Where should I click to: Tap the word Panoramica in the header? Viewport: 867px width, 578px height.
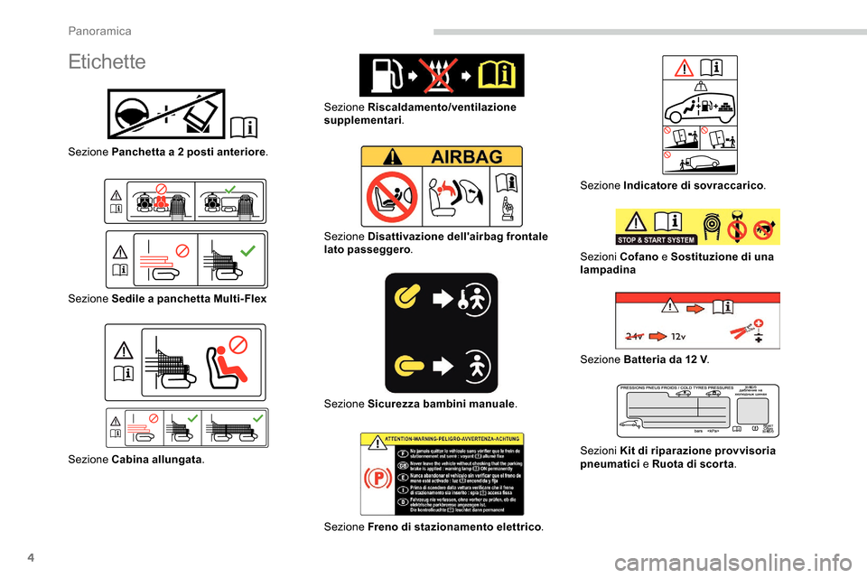pyautogui.click(x=100, y=31)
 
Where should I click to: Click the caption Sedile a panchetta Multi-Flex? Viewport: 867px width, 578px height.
pyautogui.click(x=189, y=298)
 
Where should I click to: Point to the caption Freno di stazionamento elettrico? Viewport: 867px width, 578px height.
pyautogui.click(x=456, y=527)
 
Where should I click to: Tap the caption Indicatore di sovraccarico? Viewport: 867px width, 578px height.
pyautogui.click(x=694, y=185)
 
